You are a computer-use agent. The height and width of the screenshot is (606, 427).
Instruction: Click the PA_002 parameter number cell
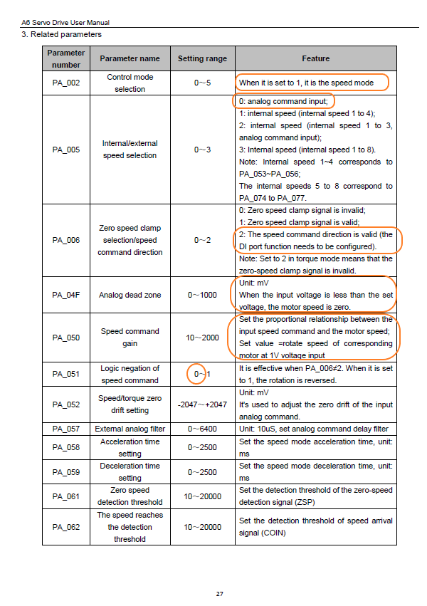tap(66, 83)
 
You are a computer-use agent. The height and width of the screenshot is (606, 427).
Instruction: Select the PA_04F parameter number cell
tap(66, 295)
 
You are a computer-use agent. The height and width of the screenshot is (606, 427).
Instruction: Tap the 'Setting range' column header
tap(202, 58)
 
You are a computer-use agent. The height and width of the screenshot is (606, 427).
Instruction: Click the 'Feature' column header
tap(315, 58)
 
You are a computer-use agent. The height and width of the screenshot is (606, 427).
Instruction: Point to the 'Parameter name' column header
tap(130, 58)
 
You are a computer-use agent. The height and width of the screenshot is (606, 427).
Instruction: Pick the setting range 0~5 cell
tap(202, 83)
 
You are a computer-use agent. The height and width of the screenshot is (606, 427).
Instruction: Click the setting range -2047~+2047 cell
tap(202, 404)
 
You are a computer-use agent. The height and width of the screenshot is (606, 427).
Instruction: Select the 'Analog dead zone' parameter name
tap(130, 295)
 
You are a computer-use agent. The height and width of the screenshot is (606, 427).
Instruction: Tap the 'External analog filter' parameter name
tap(130, 429)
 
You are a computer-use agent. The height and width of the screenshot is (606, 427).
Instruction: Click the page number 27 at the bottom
tap(220, 593)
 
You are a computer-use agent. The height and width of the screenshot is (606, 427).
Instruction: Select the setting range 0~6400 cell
tap(202, 429)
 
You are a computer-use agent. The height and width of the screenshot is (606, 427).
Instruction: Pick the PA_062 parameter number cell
tap(66, 527)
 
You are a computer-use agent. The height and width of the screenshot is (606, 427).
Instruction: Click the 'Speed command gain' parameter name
tap(130, 337)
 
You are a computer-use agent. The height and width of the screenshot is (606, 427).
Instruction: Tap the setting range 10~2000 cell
tap(202, 337)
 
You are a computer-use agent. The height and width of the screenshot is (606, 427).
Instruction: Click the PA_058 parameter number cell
tap(66, 447)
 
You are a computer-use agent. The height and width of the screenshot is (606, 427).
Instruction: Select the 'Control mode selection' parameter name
tap(130, 83)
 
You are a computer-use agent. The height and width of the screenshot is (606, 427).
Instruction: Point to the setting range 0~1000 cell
tap(202, 295)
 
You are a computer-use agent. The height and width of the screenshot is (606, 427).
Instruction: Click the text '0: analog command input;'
tap(283, 101)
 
